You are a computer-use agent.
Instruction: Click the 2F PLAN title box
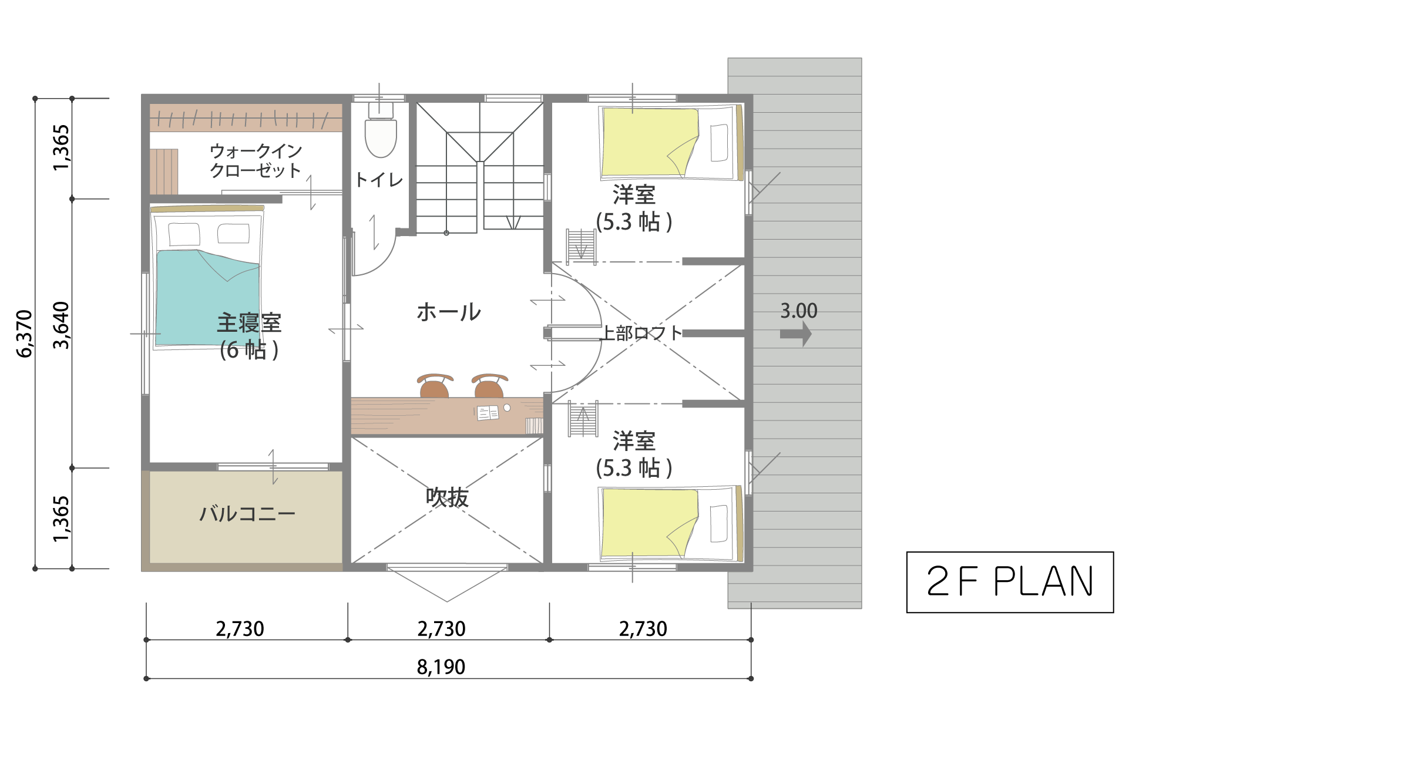coord(1010,582)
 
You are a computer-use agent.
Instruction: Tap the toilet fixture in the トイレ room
coord(381,130)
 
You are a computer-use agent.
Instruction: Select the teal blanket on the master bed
coord(208,298)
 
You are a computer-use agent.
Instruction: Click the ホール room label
coord(449,312)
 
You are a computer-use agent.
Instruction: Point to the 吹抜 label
coord(447,497)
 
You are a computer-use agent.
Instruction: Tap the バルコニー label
coord(247,514)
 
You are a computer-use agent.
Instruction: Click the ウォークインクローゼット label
coord(256,160)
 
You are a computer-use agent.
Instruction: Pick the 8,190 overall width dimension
coord(441,667)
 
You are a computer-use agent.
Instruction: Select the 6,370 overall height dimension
coord(24,334)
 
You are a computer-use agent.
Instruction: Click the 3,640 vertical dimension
coord(61,325)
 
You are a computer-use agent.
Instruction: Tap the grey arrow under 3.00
coord(796,334)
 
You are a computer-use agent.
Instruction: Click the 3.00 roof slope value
coord(799,311)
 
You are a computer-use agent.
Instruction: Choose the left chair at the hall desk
coord(435,386)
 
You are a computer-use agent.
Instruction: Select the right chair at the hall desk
coord(489,386)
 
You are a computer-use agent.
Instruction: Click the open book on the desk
coord(488,413)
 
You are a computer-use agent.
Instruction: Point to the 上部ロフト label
coord(641,334)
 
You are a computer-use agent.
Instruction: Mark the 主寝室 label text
coord(250,323)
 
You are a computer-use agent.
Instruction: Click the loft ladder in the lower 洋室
coord(583,419)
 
